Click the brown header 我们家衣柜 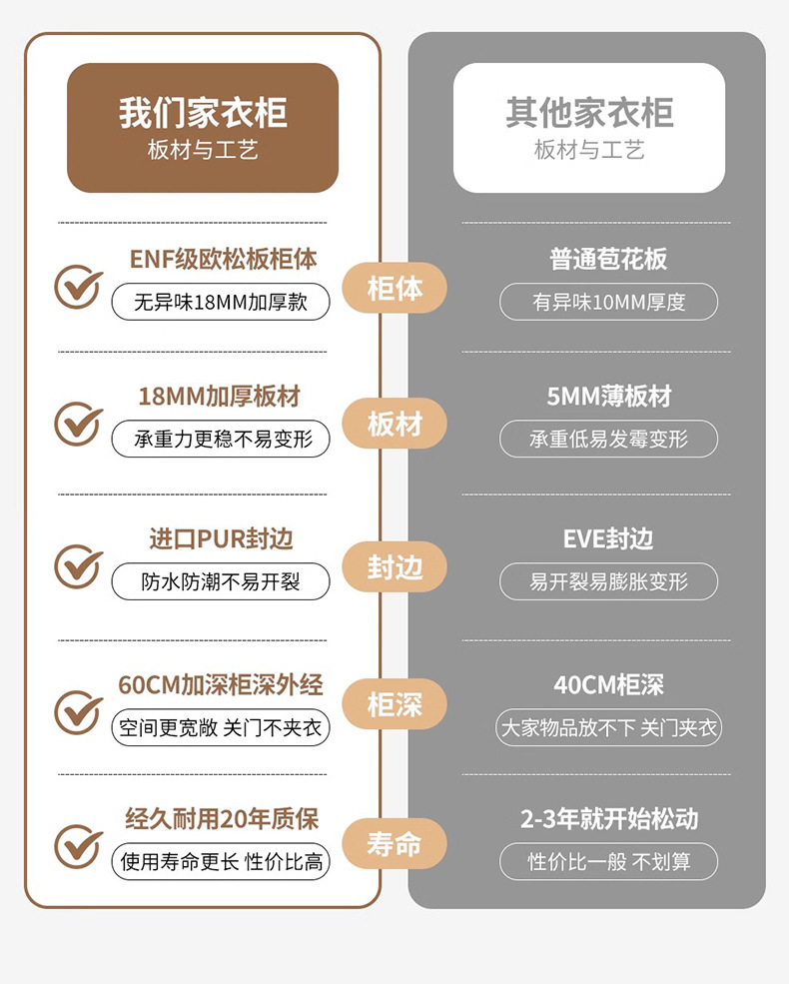pos(203,127)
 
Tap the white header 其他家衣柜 pos(589,127)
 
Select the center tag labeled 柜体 pos(394,289)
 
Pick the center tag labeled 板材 pos(394,425)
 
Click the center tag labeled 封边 pos(394,567)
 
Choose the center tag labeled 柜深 pos(394,705)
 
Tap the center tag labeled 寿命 pos(394,845)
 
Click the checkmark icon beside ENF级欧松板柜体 pos(78,287)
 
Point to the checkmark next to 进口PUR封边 pos(78,565)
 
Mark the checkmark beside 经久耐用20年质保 pos(78,845)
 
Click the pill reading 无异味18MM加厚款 pos(220,302)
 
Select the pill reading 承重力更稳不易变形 pos(220,439)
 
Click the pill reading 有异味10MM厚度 pos(608,302)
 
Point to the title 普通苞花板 pos(608,260)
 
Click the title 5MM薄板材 pos(608,397)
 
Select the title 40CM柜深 pos(608,685)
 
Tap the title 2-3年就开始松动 pos(608,819)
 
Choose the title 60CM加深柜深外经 pos(221,685)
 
